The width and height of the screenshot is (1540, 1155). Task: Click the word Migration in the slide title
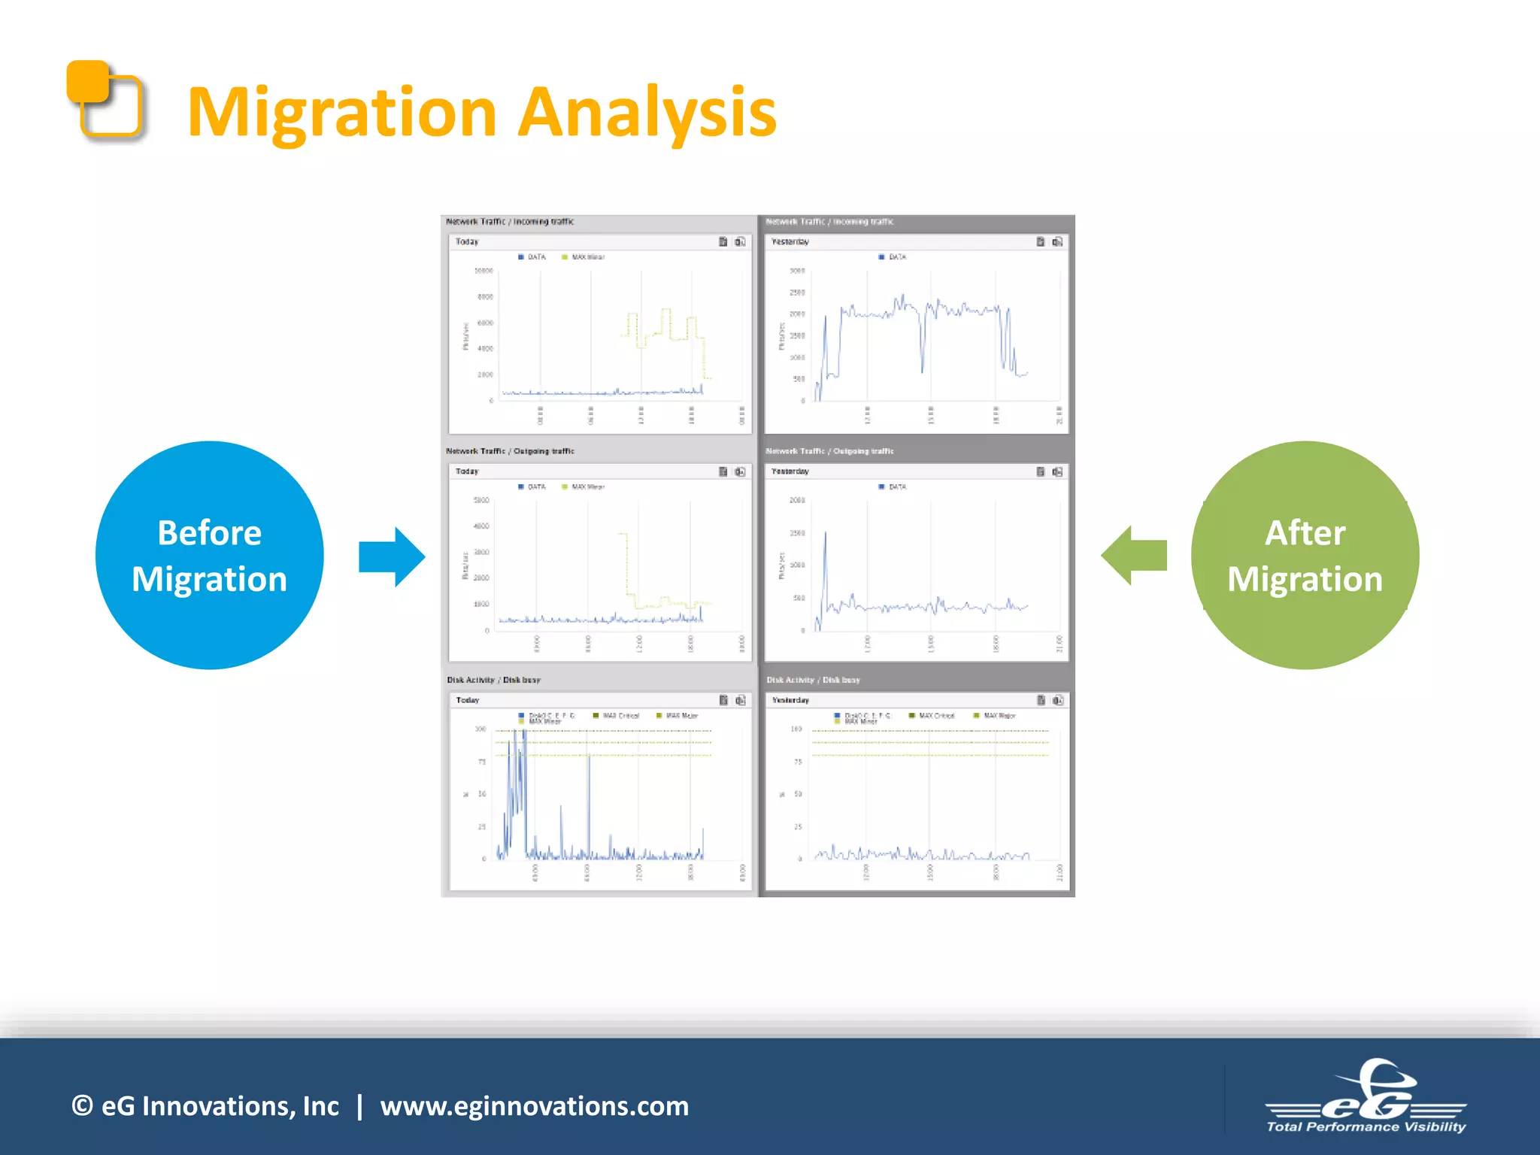[x=342, y=113]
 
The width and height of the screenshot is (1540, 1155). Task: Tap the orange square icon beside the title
[x=105, y=100]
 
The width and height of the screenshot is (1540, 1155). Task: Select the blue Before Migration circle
[x=210, y=555]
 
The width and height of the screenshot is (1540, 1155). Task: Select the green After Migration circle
[x=1305, y=555]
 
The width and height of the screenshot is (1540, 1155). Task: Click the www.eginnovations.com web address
[x=534, y=1106]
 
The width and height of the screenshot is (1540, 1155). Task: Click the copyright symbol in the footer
[x=82, y=1106]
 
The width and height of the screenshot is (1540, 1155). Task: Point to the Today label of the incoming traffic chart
[x=467, y=242]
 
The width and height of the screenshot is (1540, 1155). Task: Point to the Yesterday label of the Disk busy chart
[x=790, y=700]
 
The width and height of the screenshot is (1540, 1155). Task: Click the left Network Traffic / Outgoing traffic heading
[x=510, y=451]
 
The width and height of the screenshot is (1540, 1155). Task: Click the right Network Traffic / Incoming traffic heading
[x=829, y=222]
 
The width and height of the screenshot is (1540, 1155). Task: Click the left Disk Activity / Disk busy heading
[x=493, y=680]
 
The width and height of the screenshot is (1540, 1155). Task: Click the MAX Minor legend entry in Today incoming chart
[x=587, y=257]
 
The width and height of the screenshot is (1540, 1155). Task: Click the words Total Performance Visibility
[x=1366, y=1126]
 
